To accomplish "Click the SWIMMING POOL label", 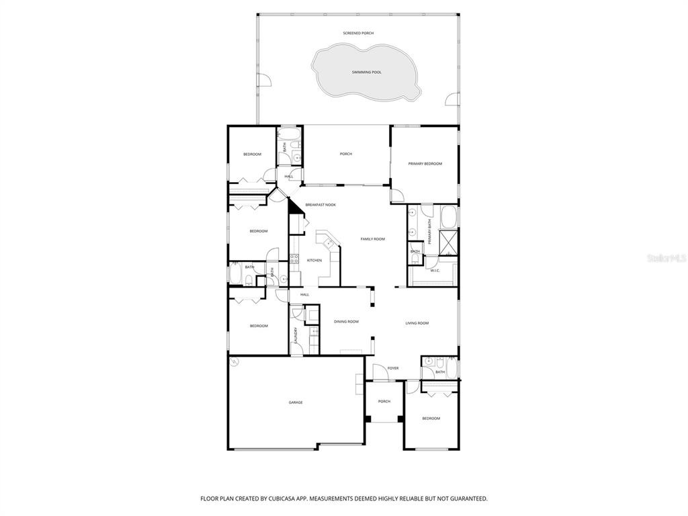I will [x=366, y=72].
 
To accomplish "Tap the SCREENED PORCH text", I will [x=358, y=33].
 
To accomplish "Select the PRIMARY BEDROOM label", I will [x=425, y=163].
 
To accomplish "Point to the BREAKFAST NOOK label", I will [x=320, y=205].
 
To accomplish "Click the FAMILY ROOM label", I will [x=372, y=239].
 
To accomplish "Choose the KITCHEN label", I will [x=314, y=260].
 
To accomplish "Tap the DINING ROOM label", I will [x=346, y=321].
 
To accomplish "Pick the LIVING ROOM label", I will [x=417, y=323].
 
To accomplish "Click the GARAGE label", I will [x=296, y=402].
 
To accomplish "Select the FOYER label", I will [x=393, y=368].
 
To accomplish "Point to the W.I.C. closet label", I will [x=435, y=271].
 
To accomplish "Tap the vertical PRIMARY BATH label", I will [x=429, y=230].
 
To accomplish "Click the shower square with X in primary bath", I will [x=448, y=240].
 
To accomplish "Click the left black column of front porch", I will [x=368, y=419].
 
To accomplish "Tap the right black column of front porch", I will [x=400, y=419].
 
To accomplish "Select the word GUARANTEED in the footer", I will [x=464, y=499].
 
